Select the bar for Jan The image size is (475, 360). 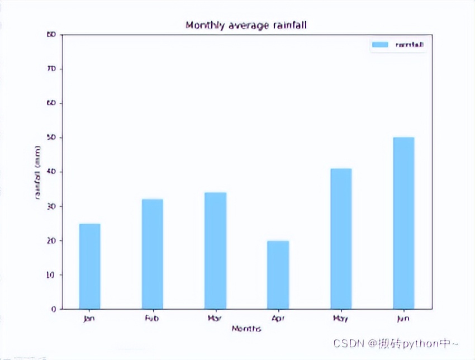click(89, 266)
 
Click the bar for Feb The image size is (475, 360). click(152, 254)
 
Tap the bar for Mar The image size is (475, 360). click(215, 250)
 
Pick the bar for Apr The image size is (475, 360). click(278, 274)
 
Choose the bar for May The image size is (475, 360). click(341, 238)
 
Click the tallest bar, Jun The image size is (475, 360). click(403, 222)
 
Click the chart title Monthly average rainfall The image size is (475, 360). click(246, 25)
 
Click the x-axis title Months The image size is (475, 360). click(246, 329)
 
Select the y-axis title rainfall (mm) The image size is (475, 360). click(38, 172)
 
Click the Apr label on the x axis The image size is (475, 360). click(278, 319)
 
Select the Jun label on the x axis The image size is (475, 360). click(403, 319)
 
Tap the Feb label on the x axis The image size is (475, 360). click(152, 319)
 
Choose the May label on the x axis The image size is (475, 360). click(341, 319)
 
